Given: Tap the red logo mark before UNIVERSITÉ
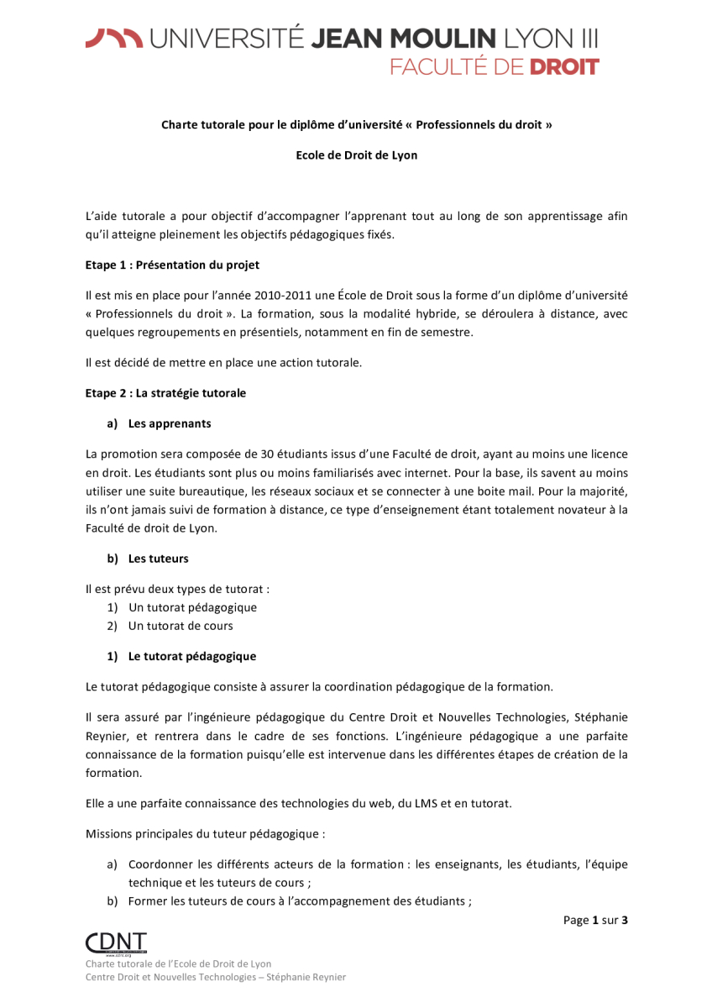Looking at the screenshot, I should [113, 38].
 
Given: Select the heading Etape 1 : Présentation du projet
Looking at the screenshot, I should [172, 265].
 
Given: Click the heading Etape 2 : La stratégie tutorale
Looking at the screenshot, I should [165, 392].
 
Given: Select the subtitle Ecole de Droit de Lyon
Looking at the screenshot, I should [356, 155].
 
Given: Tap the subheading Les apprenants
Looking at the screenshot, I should [170, 423].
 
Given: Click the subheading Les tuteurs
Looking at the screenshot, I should [158, 559].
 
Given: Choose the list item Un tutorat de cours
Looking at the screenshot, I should [181, 626].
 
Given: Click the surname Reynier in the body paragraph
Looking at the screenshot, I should [107, 737].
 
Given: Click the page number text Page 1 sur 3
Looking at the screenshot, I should [595, 920].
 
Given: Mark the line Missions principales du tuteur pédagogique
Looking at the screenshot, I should [205, 834].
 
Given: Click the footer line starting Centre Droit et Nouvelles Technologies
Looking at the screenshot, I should [215, 977].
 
